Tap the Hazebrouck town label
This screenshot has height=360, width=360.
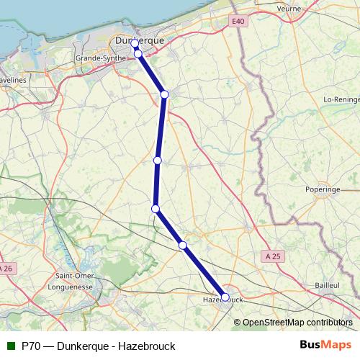pos(220,299)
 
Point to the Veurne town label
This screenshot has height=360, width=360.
pos(291,8)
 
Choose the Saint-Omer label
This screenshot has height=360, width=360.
pos(72,275)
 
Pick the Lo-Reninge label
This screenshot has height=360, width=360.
pos(341,99)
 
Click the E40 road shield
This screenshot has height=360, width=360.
pos(239,22)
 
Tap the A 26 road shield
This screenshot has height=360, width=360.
pos(6,269)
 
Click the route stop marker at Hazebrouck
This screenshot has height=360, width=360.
pos(225,297)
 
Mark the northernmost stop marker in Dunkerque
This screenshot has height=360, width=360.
pos(135,44)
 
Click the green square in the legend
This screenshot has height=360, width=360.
pos(10,346)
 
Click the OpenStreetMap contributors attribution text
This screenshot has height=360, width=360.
pos(297,323)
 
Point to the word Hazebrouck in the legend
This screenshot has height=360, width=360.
pos(148,346)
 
